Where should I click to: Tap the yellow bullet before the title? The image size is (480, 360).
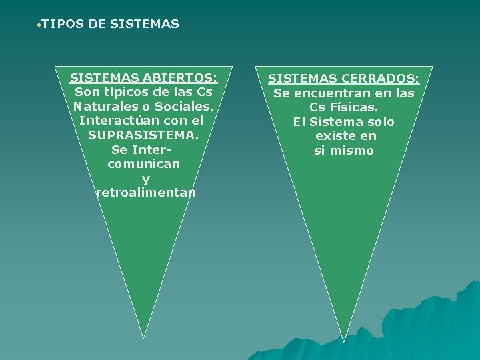39,25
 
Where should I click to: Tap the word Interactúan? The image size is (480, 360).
117,121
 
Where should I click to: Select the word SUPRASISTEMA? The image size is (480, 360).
143,135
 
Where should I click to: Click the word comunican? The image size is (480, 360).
143,163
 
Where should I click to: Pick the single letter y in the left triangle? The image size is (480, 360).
146,179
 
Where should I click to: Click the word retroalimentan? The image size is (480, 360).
146,193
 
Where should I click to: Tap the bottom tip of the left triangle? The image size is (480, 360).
144,337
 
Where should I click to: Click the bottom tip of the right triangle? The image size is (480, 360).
344,340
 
